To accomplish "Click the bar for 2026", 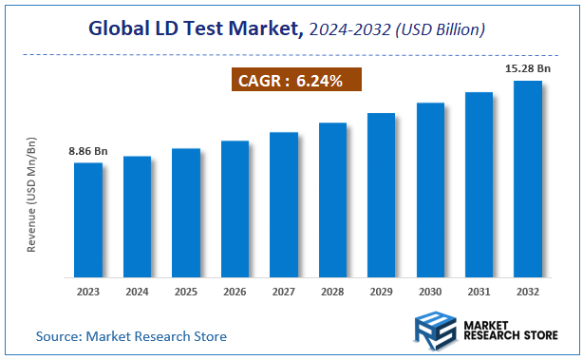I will tap(235, 208).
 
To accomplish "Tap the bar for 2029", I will tap(381, 194).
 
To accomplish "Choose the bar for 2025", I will tap(186, 212).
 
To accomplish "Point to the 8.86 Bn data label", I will tap(88, 151).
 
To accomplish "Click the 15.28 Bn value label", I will tap(527, 69).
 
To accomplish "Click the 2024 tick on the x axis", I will tap(137, 292).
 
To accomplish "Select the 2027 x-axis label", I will tap(283, 292).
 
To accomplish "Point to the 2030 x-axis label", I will tap(429, 292).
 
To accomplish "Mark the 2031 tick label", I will tap(479, 292).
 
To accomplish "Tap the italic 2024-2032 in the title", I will tap(348, 30).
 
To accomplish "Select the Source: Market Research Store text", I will tap(131, 336).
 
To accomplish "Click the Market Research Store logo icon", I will tap(434, 332).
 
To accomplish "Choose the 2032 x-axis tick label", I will tap(527, 292).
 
